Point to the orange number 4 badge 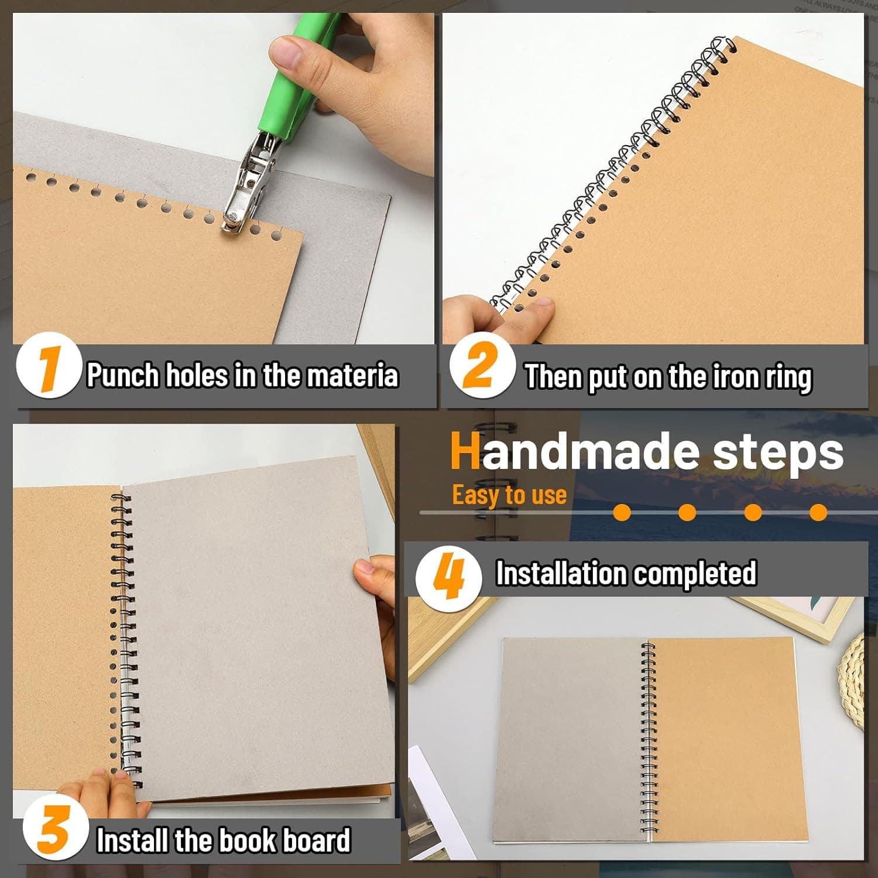click(x=448, y=575)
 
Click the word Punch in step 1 click(x=123, y=375)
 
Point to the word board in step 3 click(x=316, y=841)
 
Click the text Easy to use click(x=509, y=495)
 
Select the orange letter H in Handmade click(x=465, y=452)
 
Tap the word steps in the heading click(x=778, y=452)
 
